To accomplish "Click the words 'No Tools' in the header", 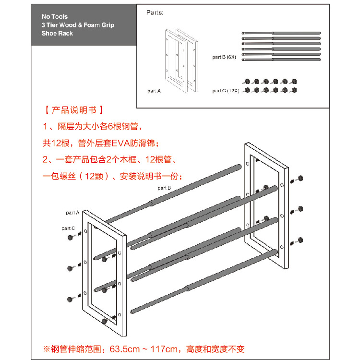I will (54, 16).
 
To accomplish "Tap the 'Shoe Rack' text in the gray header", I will (57, 34).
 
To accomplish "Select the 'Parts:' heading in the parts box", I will (155, 12).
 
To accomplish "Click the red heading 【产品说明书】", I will (73, 110).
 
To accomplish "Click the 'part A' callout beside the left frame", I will (72, 212).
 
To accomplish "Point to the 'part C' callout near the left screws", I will (68, 228).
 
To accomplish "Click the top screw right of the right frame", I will (300, 178).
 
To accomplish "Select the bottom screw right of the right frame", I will (300, 239).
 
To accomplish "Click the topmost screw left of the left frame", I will (71, 238).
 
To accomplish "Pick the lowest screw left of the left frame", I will (71, 299).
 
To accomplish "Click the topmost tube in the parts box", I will (281, 34).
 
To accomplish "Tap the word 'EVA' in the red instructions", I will (121, 143).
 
